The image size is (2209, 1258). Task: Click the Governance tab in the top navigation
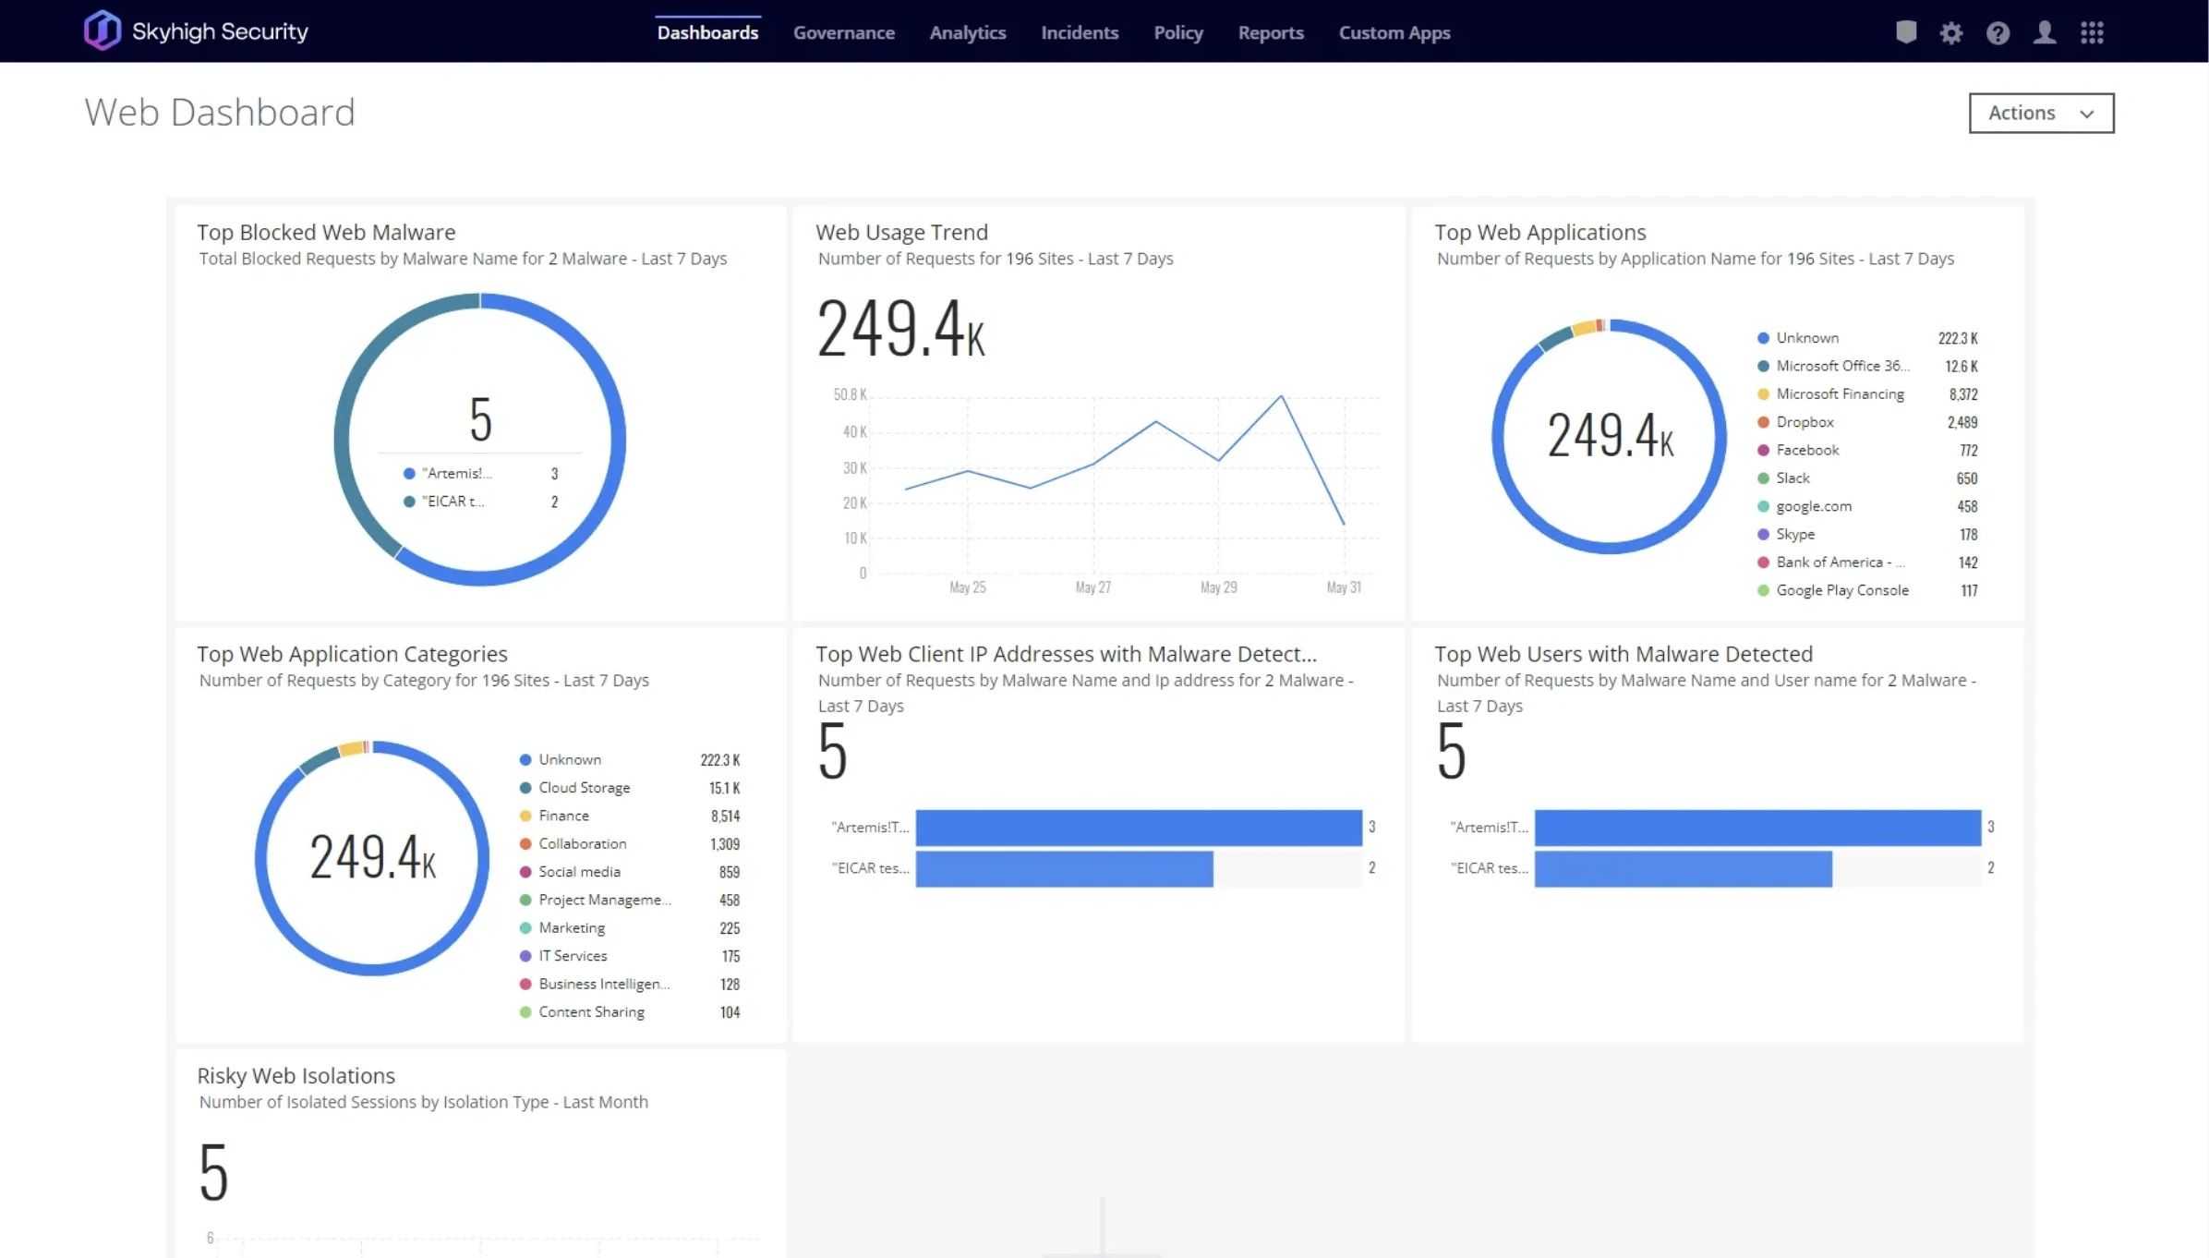pyautogui.click(x=843, y=33)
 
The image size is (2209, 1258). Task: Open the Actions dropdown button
pyautogui.click(x=2040, y=113)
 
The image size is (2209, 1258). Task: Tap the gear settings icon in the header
pyautogui.click(x=1950, y=33)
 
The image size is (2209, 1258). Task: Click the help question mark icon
pyautogui.click(x=1998, y=33)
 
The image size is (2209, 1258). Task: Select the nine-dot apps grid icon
pyautogui.click(x=2092, y=33)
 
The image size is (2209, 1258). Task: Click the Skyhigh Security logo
pyautogui.click(x=196, y=31)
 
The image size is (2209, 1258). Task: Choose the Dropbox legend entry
pyautogui.click(x=1804, y=422)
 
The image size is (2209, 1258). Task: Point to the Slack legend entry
pyautogui.click(x=1792, y=478)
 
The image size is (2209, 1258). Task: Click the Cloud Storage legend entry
pyautogui.click(x=584, y=788)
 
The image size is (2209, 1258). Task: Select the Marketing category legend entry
pyautogui.click(x=571, y=928)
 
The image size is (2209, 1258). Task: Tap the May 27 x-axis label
pyautogui.click(x=1092, y=587)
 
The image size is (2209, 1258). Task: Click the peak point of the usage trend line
pyautogui.click(x=1281, y=396)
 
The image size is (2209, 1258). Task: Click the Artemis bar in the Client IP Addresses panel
pyautogui.click(x=1138, y=828)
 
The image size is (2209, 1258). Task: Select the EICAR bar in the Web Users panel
pyautogui.click(x=1683, y=868)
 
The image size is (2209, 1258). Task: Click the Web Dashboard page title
pyautogui.click(x=220, y=113)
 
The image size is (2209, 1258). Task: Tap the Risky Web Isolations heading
pyautogui.click(x=296, y=1076)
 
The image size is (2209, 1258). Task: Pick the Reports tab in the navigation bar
pyautogui.click(x=1270, y=33)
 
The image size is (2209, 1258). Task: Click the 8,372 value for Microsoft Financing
pyautogui.click(x=1962, y=394)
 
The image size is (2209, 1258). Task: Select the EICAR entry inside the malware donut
pyautogui.click(x=453, y=502)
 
